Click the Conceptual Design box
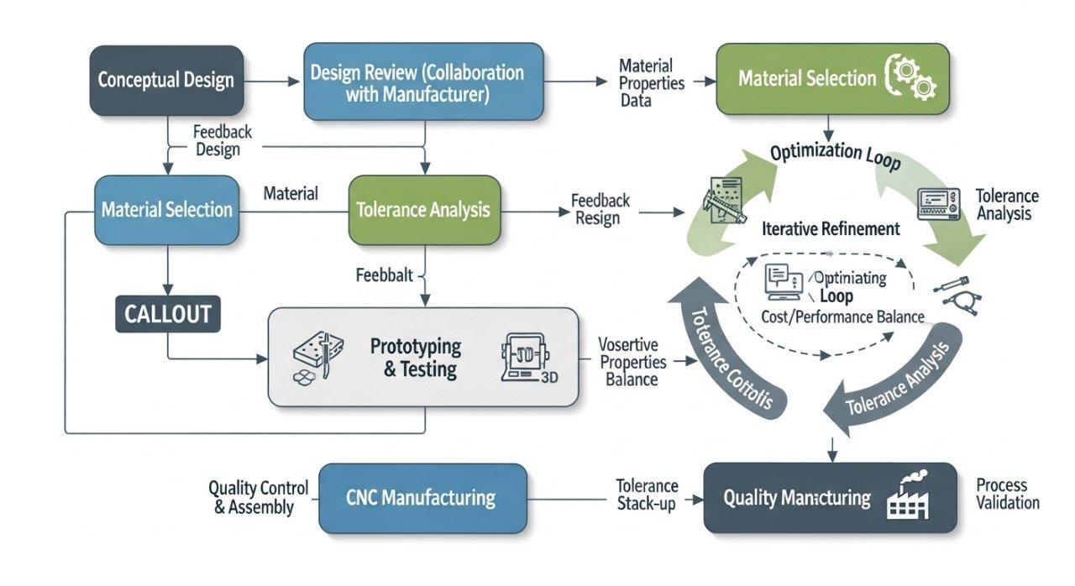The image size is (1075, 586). [x=166, y=81]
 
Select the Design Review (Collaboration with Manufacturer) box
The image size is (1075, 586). [x=423, y=82]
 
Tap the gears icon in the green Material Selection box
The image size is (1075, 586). [x=911, y=78]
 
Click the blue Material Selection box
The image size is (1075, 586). [x=166, y=210]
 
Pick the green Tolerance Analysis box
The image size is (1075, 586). [x=423, y=210]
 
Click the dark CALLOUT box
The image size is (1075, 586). [x=167, y=315]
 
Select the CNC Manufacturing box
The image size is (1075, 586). [x=423, y=498]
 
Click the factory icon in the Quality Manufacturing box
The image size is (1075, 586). [x=907, y=498]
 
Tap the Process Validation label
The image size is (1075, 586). [x=1007, y=494]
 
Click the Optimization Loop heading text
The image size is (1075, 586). [x=835, y=154]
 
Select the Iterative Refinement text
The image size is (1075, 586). [x=830, y=228]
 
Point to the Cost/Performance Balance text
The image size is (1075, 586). [x=842, y=317]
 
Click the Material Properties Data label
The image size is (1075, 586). [x=651, y=82]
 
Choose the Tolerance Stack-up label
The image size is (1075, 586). [x=647, y=495]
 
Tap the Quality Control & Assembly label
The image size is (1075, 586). [x=258, y=498]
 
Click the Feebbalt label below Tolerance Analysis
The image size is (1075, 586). [x=384, y=275]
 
